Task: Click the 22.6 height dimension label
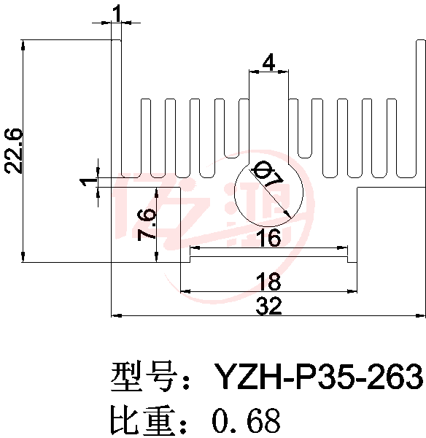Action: coord(13,151)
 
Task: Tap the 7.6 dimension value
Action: coord(146,225)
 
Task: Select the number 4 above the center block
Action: coord(268,63)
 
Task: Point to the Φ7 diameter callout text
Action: coord(267,175)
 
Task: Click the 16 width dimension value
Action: coord(270,237)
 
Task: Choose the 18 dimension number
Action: coord(268,282)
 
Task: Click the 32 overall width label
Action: coord(269,306)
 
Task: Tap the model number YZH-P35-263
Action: coord(319,377)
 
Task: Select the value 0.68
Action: coord(247,420)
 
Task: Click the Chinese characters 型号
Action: coord(144,376)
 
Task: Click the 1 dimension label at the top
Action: coord(117,14)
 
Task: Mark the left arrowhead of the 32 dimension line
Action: coord(116,315)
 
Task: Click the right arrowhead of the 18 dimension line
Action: coord(352,291)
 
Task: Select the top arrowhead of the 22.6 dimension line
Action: coord(23,45)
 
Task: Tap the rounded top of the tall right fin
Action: coord(421,41)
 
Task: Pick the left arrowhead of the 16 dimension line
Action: coord(195,247)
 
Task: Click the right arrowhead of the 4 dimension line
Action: coord(283,72)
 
